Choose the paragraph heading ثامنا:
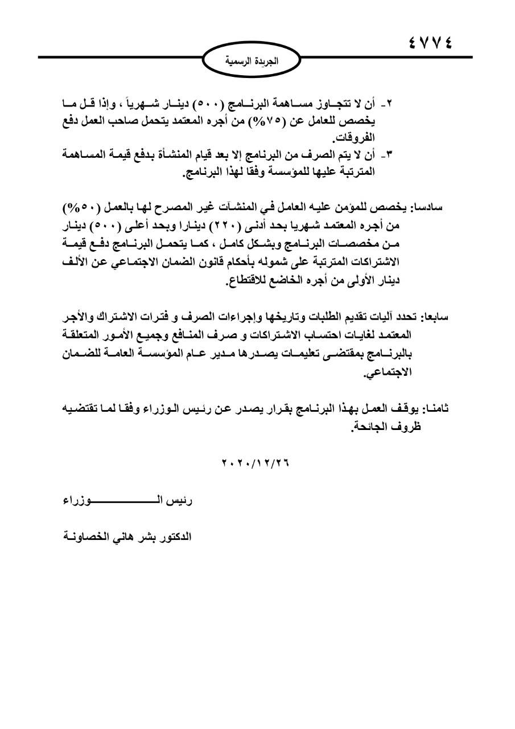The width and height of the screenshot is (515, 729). tap(437, 407)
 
